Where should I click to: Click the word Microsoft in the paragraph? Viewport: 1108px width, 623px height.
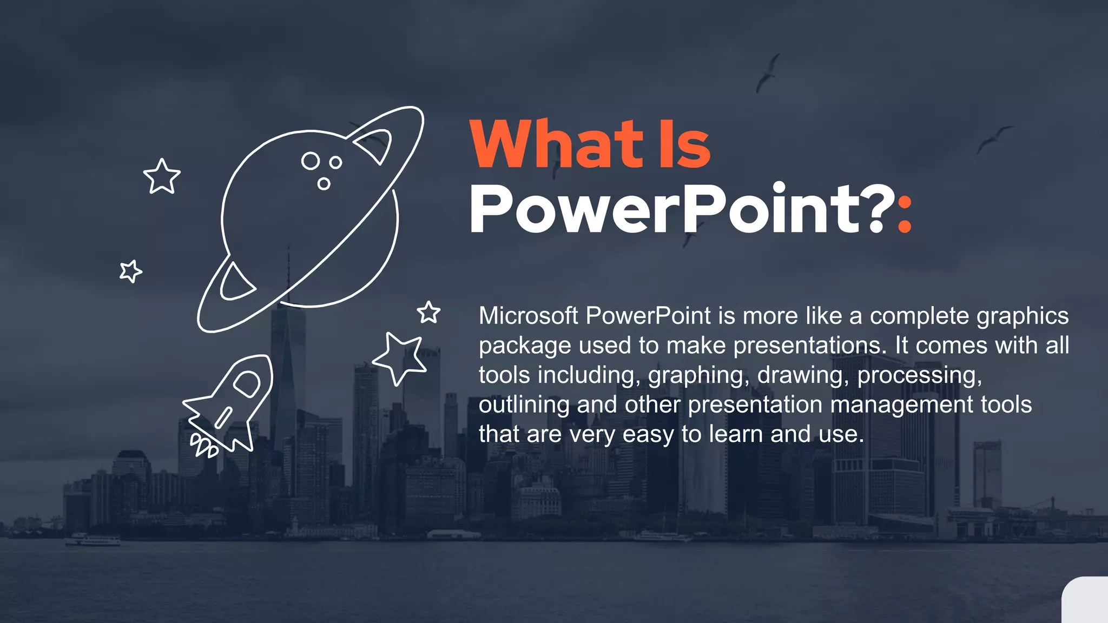tap(528, 316)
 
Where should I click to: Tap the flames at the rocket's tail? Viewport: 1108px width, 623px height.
tap(204, 446)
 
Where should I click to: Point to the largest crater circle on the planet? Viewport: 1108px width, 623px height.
tap(311, 161)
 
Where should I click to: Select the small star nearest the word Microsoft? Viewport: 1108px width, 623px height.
tap(428, 313)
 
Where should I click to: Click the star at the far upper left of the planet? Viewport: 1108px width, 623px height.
tap(162, 176)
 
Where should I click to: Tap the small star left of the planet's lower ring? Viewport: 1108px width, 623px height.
tap(130, 271)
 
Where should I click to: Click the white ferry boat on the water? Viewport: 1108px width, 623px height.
tap(93, 540)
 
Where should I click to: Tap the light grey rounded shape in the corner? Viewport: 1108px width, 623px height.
tap(1086, 601)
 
